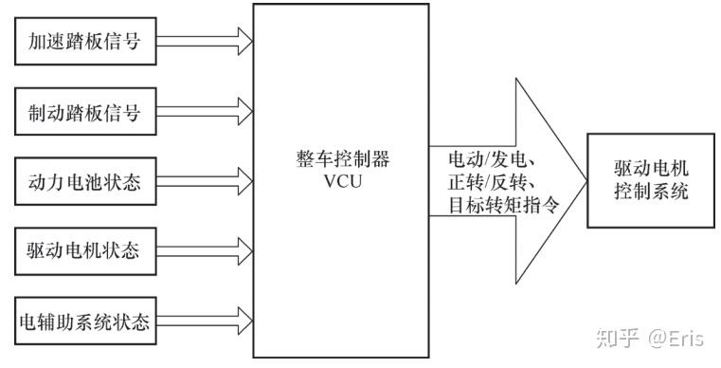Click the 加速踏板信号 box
[x=85, y=42]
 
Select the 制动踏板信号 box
[x=85, y=113]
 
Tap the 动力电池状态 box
[x=85, y=181]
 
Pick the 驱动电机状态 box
[x=85, y=251]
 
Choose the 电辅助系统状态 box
[x=85, y=322]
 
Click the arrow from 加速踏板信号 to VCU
[x=204, y=42]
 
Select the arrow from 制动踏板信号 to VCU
[x=204, y=113]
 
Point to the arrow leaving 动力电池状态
[x=204, y=181]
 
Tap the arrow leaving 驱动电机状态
[x=204, y=251]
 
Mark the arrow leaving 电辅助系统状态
[x=204, y=322]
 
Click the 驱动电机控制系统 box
[x=650, y=180]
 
